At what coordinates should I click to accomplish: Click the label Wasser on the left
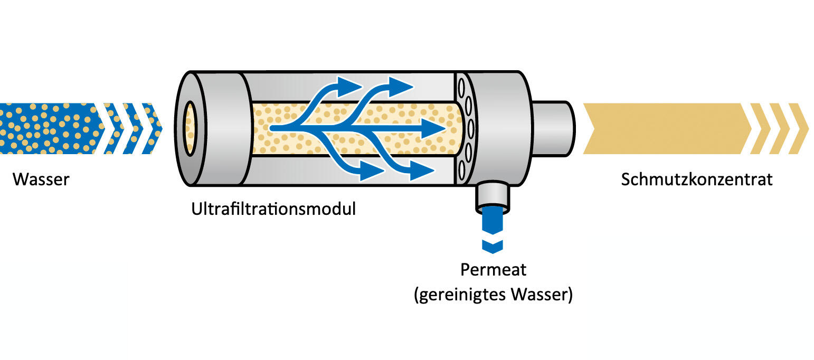pyautogui.click(x=41, y=179)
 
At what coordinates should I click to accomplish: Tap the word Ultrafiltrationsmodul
pyautogui.click(x=273, y=209)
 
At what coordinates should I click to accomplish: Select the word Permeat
pyautogui.click(x=493, y=270)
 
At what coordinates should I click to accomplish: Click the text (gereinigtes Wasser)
pyautogui.click(x=493, y=294)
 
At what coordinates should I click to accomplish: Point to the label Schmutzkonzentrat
pyautogui.click(x=696, y=179)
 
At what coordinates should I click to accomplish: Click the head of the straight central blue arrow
pyautogui.click(x=433, y=128)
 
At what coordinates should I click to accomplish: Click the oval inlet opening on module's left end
pyautogui.click(x=190, y=128)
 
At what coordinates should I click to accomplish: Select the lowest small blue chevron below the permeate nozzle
pyautogui.click(x=492, y=245)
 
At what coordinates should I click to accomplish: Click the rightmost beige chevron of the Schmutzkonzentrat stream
pyautogui.click(x=799, y=128)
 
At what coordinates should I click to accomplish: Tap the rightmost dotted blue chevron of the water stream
pyautogui.click(x=152, y=128)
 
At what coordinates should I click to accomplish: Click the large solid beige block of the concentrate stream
pyautogui.click(x=665, y=128)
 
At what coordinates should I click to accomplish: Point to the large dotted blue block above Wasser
pyautogui.click(x=48, y=128)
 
